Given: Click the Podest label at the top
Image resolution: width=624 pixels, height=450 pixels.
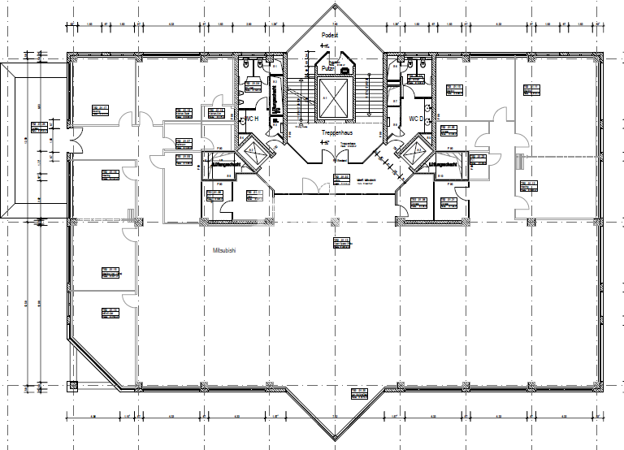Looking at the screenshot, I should (330, 36).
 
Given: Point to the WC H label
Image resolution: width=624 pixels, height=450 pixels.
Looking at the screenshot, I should (251, 119).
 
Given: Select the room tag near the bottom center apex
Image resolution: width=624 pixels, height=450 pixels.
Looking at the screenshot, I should (359, 394).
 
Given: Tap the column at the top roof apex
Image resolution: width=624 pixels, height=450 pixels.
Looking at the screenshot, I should (334, 8).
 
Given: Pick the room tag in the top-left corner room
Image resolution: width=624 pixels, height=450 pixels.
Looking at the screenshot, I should (101, 109).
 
